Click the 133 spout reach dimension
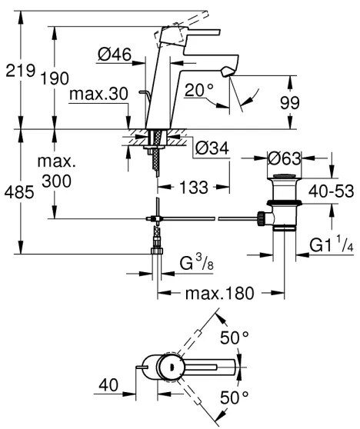[x=192, y=186]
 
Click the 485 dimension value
[x=18, y=192]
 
